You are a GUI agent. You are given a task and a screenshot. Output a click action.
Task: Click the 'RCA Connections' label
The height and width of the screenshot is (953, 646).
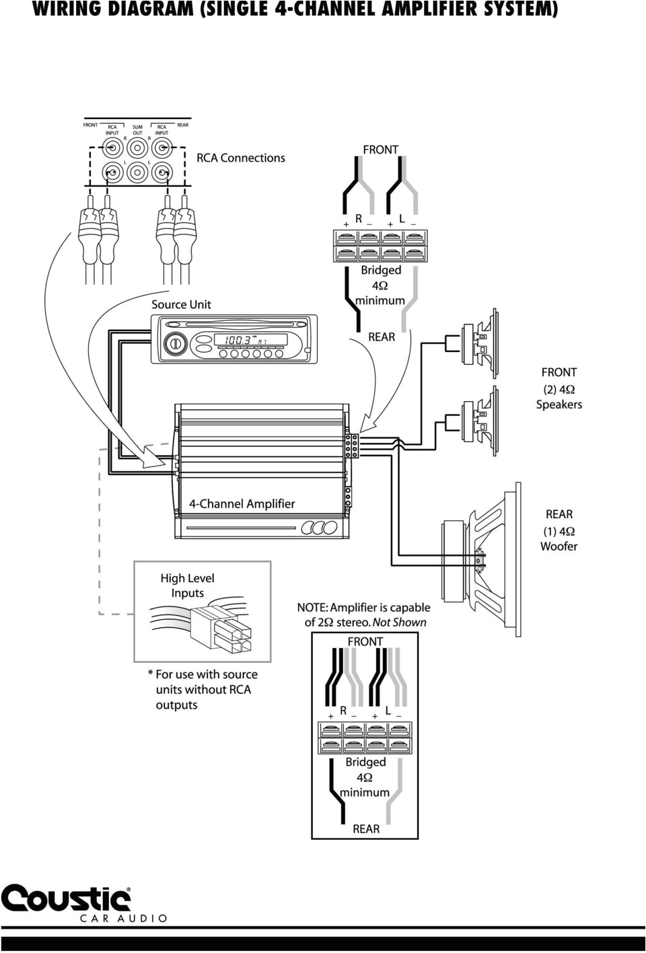pos(240,158)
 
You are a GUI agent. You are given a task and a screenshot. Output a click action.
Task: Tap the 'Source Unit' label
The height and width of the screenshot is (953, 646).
pos(181,304)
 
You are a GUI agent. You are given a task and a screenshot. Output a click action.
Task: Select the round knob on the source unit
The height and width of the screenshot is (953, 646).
pos(174,343)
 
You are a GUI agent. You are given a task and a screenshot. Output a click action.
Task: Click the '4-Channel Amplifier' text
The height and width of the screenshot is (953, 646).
pos(242,503)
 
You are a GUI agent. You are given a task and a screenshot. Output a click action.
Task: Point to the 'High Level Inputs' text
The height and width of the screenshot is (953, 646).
pos(187,586)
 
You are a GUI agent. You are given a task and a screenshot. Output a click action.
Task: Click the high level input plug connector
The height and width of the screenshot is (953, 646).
pos(221,629)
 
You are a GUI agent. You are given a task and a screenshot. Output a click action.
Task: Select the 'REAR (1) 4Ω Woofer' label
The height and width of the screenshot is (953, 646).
pos(559,530)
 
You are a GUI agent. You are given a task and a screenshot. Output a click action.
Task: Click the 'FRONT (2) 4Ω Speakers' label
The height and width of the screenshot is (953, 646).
pos(559,388)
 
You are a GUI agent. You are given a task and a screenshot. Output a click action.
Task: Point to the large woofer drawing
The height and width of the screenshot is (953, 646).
pos(480,558)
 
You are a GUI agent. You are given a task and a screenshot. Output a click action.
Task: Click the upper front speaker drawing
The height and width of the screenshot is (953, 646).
pos(479,343)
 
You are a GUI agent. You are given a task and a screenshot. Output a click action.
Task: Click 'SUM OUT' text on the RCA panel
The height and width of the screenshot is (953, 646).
pos(137,130)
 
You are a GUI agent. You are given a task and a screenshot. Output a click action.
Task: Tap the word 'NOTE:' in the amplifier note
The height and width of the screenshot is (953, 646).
pos(312,608)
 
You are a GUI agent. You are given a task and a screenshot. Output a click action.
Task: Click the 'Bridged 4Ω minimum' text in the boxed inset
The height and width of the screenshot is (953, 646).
pos(365,777)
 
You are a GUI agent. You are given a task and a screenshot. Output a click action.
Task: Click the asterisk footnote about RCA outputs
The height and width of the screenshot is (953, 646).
pos(202,689)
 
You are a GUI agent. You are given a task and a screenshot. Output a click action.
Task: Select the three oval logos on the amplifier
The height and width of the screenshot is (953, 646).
pos(320,528)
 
